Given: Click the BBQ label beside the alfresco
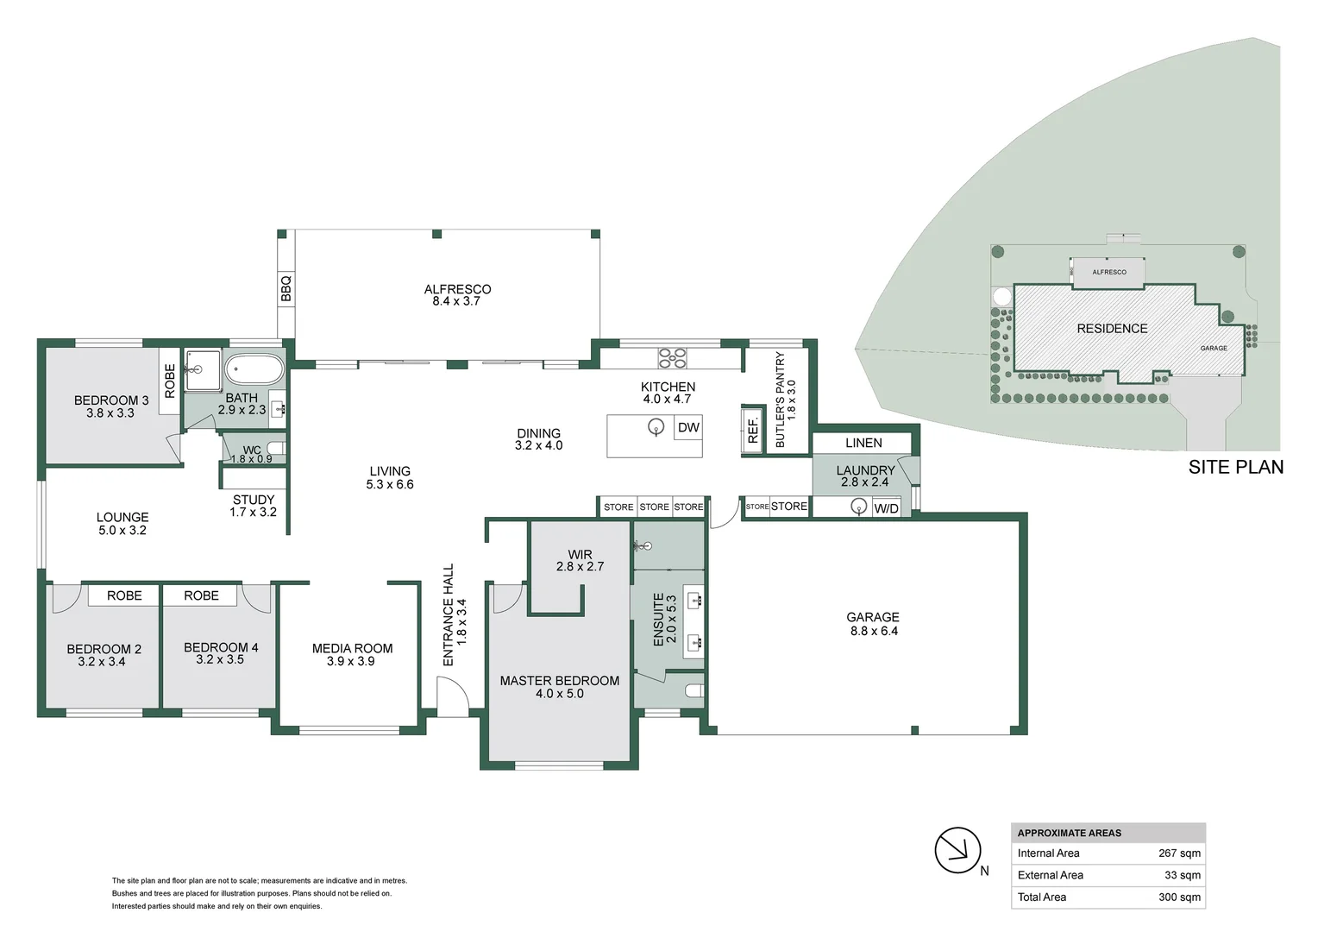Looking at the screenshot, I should coord(286,288).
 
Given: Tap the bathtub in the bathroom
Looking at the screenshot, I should coord(254,371).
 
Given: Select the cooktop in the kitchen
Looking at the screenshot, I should coord(672,357).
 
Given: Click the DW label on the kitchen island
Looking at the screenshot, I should coord(688,428).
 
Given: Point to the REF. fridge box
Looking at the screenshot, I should coord(752,430).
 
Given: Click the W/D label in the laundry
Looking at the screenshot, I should coord(886,508).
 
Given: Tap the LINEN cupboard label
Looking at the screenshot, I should coord(863,443).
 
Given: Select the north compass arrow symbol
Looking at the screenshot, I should coord(957,850).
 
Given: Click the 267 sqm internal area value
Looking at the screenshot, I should coord(1179,853).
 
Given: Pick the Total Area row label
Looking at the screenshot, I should coord(1041,897).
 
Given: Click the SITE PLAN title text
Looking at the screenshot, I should coord(1235,467).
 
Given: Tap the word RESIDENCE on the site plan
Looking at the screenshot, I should coord(1112,329).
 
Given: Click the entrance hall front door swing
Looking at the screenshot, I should coord(451,696).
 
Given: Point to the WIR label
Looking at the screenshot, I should coord(580,555).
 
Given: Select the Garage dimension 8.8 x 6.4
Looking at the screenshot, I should coord(873,631).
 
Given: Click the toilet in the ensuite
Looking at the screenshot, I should coord(694,690).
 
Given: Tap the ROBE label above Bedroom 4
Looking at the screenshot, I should coord(201,595).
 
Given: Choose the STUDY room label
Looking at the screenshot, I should coord(254,500).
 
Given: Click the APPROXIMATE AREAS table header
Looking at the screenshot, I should coord(1070,833).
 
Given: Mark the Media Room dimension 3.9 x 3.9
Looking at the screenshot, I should coord(351,661).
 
